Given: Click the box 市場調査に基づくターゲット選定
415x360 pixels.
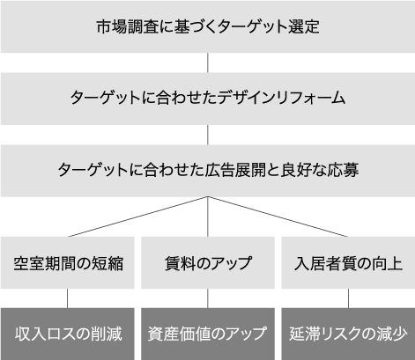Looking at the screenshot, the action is click(x=208, y=26).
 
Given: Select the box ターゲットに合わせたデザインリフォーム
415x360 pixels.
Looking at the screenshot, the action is click(x=208, y=99).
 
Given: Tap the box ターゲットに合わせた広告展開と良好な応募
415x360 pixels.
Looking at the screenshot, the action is click(x=208, y=171).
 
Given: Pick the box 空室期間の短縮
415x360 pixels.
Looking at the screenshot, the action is click(x=68, y=262).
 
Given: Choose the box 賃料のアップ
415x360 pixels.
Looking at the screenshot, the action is click(x=208, y=262).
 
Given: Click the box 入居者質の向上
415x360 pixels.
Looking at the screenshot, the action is click(x=348, y=262).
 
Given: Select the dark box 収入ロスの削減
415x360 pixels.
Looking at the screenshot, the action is click(x=68, y=334).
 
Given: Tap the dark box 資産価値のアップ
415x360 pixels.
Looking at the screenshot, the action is click(x=208, y=334).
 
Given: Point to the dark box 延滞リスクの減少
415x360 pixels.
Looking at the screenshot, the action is click(x=348, y=334).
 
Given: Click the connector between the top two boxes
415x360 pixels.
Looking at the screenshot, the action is click(x=208, y=62).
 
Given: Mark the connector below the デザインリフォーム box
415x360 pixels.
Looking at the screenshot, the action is click(x=208, y=135).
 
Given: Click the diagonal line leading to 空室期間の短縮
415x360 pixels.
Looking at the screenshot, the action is click(x=138, y=217).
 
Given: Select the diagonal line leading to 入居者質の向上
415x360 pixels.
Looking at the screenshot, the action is click(x=278, y=217).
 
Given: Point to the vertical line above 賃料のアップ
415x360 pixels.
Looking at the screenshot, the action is click(x=208, y=217).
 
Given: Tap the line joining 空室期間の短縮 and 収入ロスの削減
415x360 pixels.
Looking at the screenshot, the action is click(x=68, y=298).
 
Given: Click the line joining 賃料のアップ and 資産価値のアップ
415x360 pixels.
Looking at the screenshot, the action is click(x=208, y=298).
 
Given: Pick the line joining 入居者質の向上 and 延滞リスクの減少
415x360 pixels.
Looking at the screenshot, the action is click(x=348, y=298).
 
